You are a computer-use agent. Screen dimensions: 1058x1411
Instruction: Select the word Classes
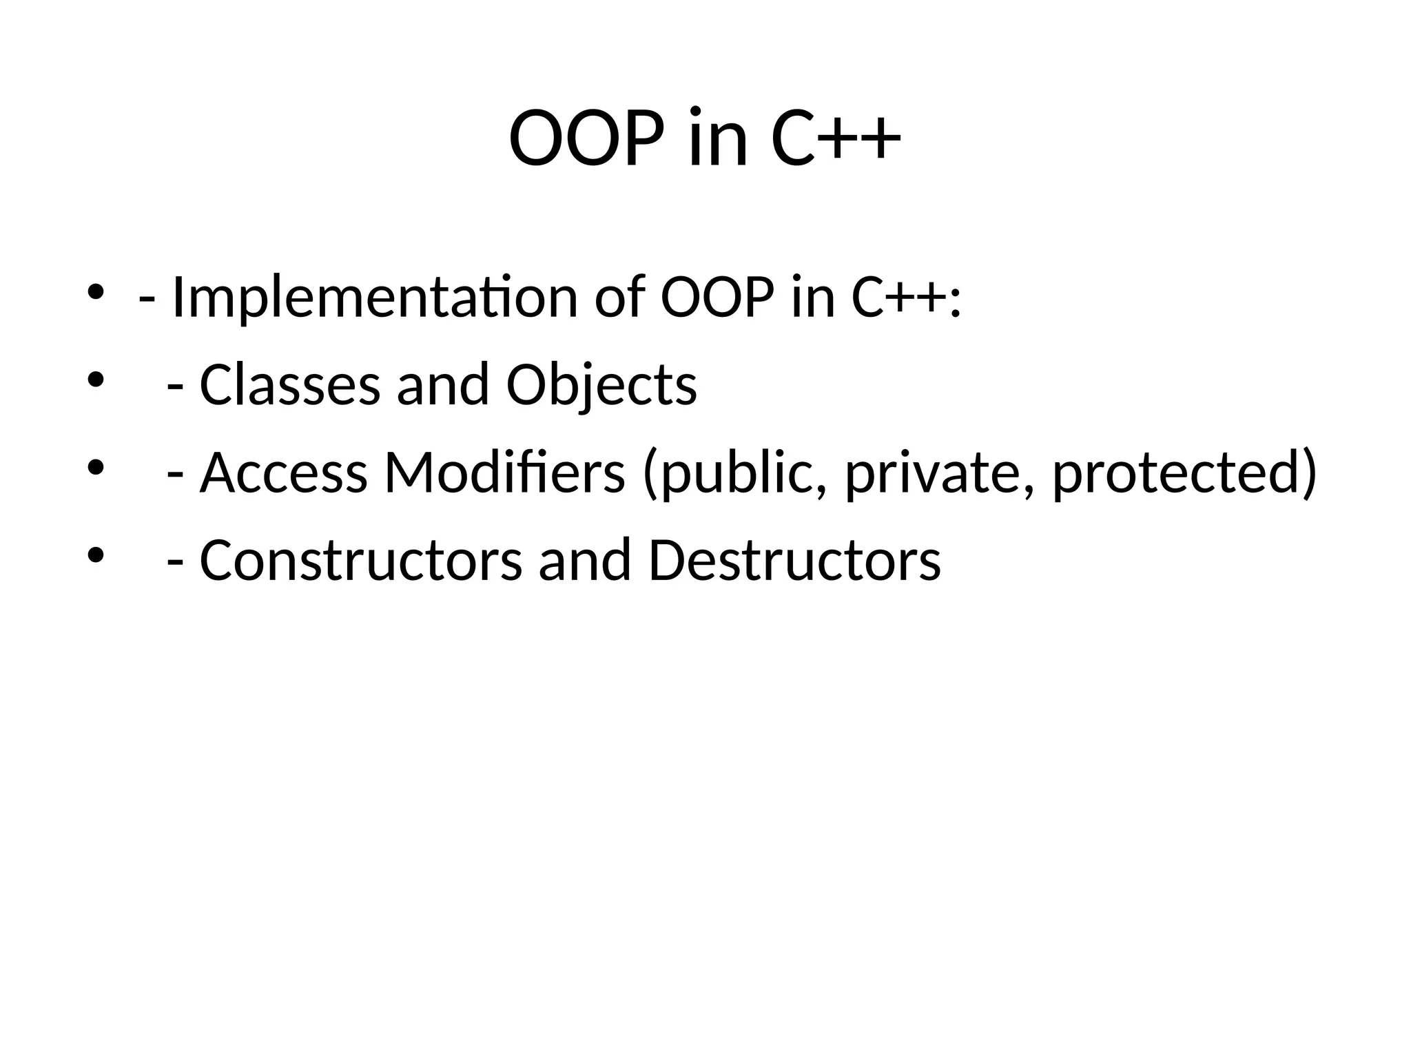pyautogui.click(x=289, y=385)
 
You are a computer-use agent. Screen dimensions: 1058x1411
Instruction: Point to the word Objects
pyautogui.click(x=601, y=385)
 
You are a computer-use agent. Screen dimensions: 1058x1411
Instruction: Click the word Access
pyautogui.click(x=283, y=473)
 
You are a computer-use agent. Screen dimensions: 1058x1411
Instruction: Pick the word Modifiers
pyautogui.click(x=504, y=473)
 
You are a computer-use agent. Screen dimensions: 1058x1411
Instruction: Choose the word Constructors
pyautogui.click(x=361, y=561)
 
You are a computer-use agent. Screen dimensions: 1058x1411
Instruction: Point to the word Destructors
pyautogui.click(x=794, y=561)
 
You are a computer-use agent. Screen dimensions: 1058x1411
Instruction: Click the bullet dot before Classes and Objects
pyautogui.click(x=95, y=380)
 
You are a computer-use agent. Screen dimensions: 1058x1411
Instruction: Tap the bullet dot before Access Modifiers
pyautogui.click(x=95, y=468)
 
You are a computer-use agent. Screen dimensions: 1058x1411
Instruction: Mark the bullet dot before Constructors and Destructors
pyautogui.click(x=95, y=555)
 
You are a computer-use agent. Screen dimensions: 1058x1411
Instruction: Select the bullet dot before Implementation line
pyautogui.click(x=95, y=291)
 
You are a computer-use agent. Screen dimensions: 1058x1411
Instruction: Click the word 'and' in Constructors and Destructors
pyautogui.click(x=585, y=561)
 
